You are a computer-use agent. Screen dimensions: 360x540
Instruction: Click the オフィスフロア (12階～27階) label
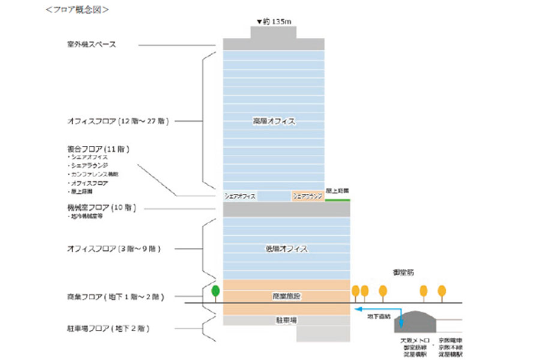coord(118,121)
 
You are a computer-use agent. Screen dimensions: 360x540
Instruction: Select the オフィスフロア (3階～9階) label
coord(113,248)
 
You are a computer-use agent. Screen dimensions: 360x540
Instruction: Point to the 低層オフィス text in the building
coord(286,248)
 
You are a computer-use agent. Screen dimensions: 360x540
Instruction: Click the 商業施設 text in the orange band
coord(286,296)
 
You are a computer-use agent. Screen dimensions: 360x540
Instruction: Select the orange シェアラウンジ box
coord(307,196)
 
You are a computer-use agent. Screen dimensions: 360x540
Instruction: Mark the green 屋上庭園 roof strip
coord(337,200)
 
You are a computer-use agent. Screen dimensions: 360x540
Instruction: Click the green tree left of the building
coord(215,292)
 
